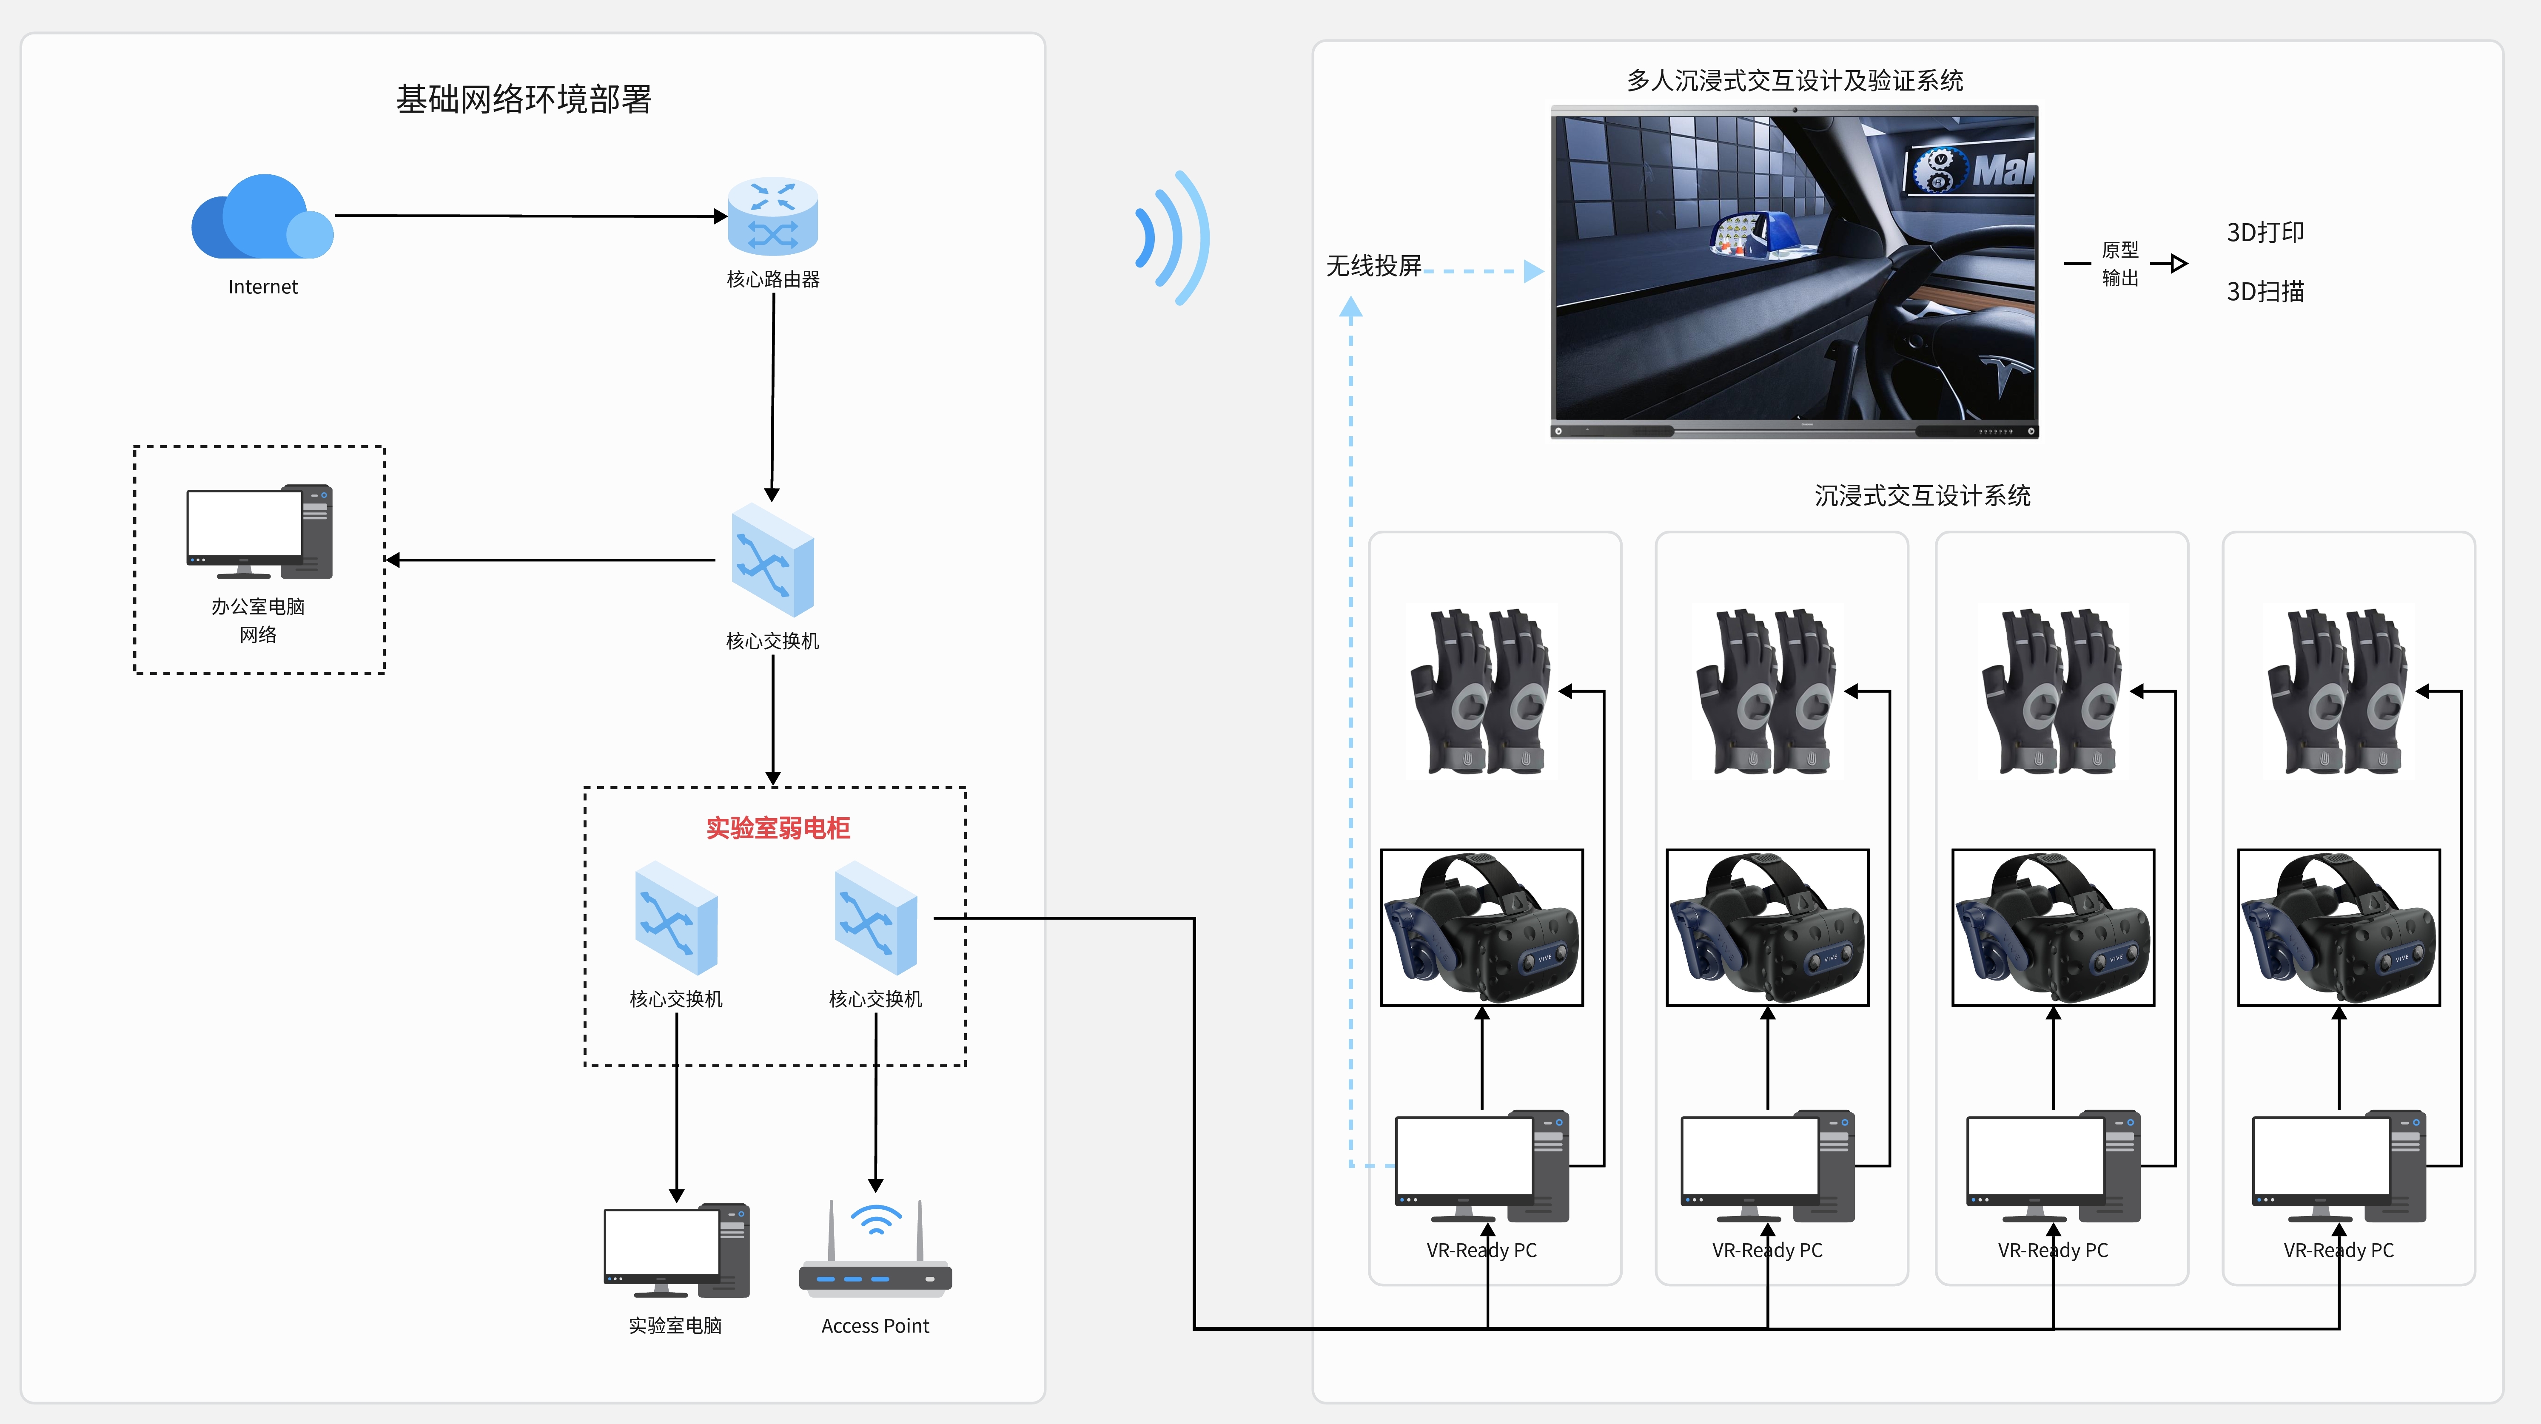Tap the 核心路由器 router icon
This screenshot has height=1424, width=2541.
[772, 217]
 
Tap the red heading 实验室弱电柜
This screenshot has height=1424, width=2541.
[777, 827]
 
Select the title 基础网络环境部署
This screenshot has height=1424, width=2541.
[524, 99]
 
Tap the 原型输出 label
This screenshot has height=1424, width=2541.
[2120, 263]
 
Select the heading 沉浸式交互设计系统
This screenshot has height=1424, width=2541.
[1922, 495]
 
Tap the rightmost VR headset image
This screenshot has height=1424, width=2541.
[2338, 927]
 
